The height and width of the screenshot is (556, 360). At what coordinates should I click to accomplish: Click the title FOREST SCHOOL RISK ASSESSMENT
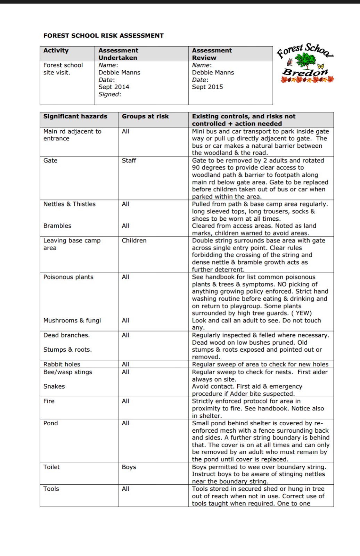(x=103, y=36)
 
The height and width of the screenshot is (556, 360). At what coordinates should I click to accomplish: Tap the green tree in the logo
(x=305, y=61)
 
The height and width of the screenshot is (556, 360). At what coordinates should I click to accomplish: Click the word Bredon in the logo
(x=305, y=72)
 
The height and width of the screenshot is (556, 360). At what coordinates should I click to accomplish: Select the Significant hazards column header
(x=75, y=116)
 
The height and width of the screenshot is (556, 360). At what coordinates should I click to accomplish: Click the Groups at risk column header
(x=145, y=116)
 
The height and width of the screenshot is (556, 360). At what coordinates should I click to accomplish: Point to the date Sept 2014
(x=114, y=87)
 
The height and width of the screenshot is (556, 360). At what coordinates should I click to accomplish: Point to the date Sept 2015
(x=207, y=87)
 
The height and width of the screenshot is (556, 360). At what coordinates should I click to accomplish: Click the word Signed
(x=109, y=94)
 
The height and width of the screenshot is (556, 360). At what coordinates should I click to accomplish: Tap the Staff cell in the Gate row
(x=129, y=161)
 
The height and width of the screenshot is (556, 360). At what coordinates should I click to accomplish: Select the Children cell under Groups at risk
(x=134, y=240)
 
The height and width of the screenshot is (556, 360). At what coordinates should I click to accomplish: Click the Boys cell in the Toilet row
(x=129, y=467)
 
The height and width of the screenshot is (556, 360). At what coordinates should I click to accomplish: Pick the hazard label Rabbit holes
(x=62, y=364)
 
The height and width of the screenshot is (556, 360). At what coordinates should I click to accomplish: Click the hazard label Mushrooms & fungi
(x=72, y=320)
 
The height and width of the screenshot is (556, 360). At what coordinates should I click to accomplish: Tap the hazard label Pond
(x=50, y=423)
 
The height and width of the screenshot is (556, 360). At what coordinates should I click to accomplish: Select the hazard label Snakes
(x=54, y=386)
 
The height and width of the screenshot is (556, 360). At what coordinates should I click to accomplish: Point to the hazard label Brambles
(x=57, y=226)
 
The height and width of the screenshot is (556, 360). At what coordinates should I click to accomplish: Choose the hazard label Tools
(x=51, y=489)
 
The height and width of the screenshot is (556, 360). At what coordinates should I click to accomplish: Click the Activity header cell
(x=56, y=50)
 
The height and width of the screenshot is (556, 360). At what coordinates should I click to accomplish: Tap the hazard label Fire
(x=49, y=401)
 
